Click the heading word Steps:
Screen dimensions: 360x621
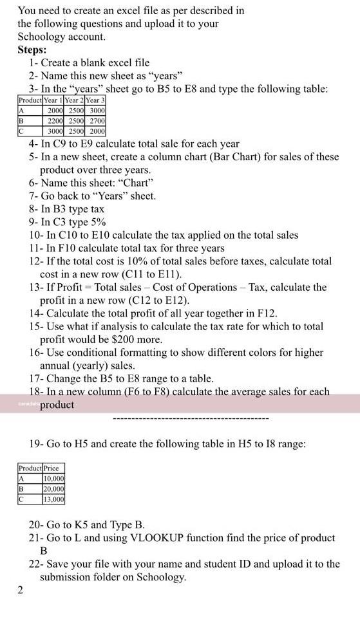click(x=32, y=50)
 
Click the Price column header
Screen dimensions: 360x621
click(x=51, y=468)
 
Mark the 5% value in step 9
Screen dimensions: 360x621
click(x=97, y=222)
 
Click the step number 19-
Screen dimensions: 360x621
click(x=36, y=443)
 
